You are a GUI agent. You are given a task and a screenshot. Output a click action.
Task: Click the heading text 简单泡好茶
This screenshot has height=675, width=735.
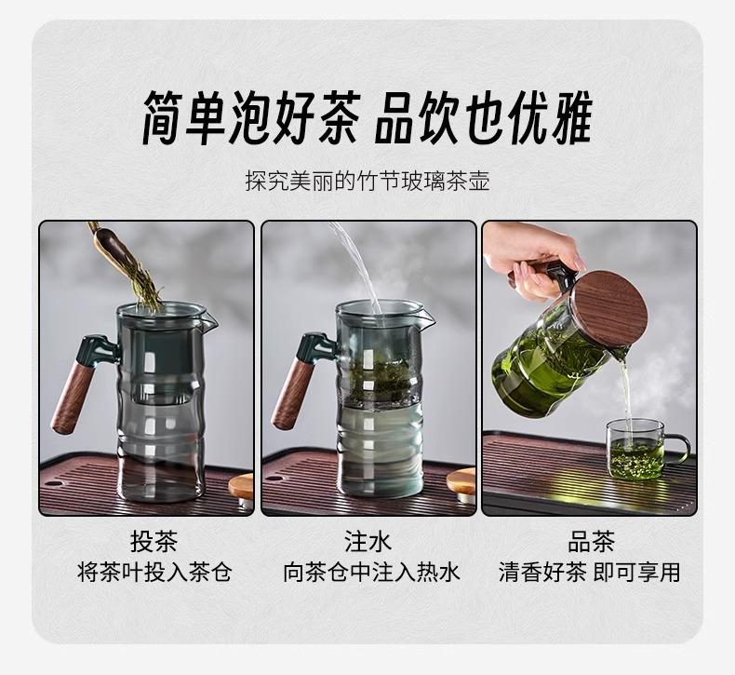point(251,117)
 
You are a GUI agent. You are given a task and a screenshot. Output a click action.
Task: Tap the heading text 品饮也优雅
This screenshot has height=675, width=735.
point(484,117)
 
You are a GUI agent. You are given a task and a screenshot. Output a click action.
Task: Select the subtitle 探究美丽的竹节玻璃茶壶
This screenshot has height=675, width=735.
point(367,182)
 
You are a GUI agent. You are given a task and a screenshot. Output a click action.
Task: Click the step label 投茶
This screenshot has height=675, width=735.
point(154,542)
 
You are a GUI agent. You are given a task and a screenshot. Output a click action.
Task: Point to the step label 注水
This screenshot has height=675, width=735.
point(368,542)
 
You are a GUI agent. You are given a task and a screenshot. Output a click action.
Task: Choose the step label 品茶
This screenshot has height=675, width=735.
point(591,542)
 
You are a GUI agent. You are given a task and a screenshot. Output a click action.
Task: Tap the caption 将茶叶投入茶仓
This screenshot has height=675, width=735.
point(154,573)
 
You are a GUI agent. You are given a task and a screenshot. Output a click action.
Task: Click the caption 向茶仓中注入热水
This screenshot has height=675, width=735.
point(371,573)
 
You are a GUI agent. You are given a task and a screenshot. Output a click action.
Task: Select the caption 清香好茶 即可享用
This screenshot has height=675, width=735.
point(589,573)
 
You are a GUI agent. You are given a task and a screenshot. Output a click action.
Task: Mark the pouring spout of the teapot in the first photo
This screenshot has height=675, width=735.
point(210,318)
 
